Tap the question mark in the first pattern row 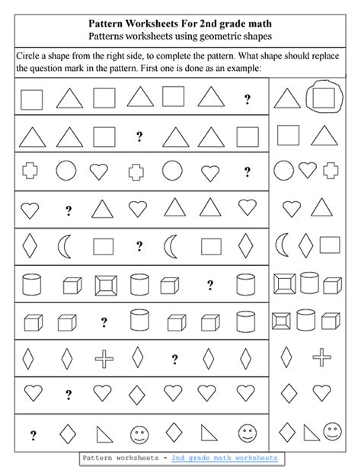[x=247, y=98]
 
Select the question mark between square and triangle [x=139, y=136]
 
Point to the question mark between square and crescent [x=139, y=245]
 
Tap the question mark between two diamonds [x=174, y=357]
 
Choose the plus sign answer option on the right [x=323, y=356]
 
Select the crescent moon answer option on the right [x=283, y=245]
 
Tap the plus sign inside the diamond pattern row [x=104, y=356]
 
